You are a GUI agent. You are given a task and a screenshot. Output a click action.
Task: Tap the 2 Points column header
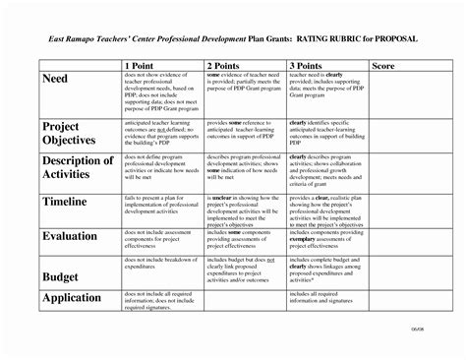coord(228,64)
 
